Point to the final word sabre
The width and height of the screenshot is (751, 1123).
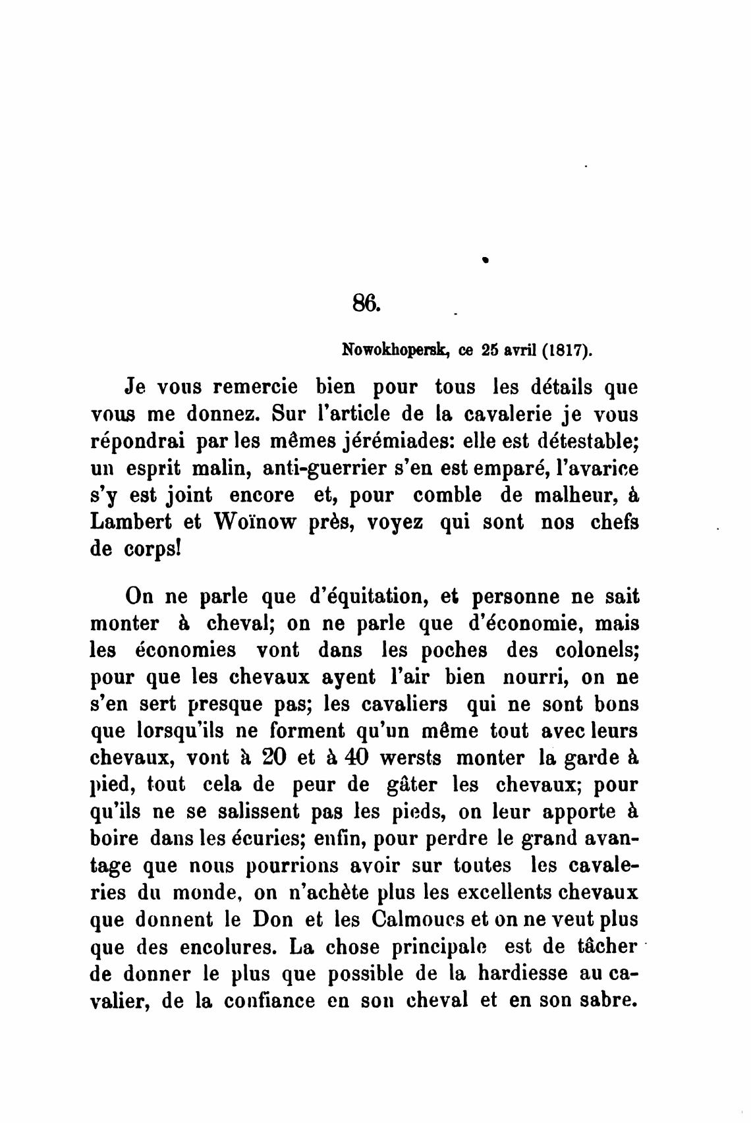tap(605, 1000)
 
